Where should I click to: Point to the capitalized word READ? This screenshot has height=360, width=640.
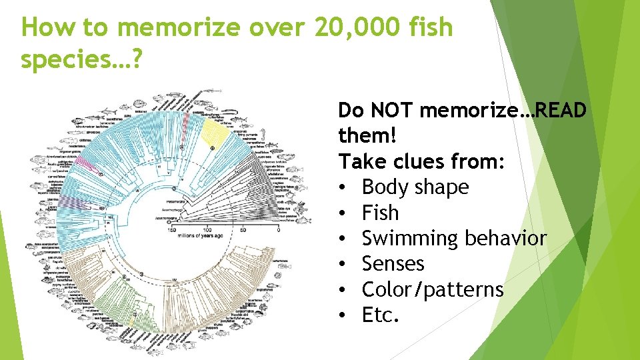pos(561,110)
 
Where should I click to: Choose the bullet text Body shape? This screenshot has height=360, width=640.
pos(415,187)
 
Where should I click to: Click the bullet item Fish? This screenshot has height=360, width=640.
pos(380,213)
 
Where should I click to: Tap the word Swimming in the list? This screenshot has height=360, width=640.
pos(407,238)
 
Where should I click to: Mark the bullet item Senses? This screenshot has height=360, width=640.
pos(393,263)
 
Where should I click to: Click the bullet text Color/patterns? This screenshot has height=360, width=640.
pos(432,289)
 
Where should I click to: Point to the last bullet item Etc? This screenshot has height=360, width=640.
pos(380,315)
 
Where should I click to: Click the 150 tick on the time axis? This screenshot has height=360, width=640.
pos(172,231)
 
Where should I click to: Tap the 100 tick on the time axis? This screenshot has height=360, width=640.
pos(207,231)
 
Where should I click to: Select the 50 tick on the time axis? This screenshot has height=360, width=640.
pos(243,231)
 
